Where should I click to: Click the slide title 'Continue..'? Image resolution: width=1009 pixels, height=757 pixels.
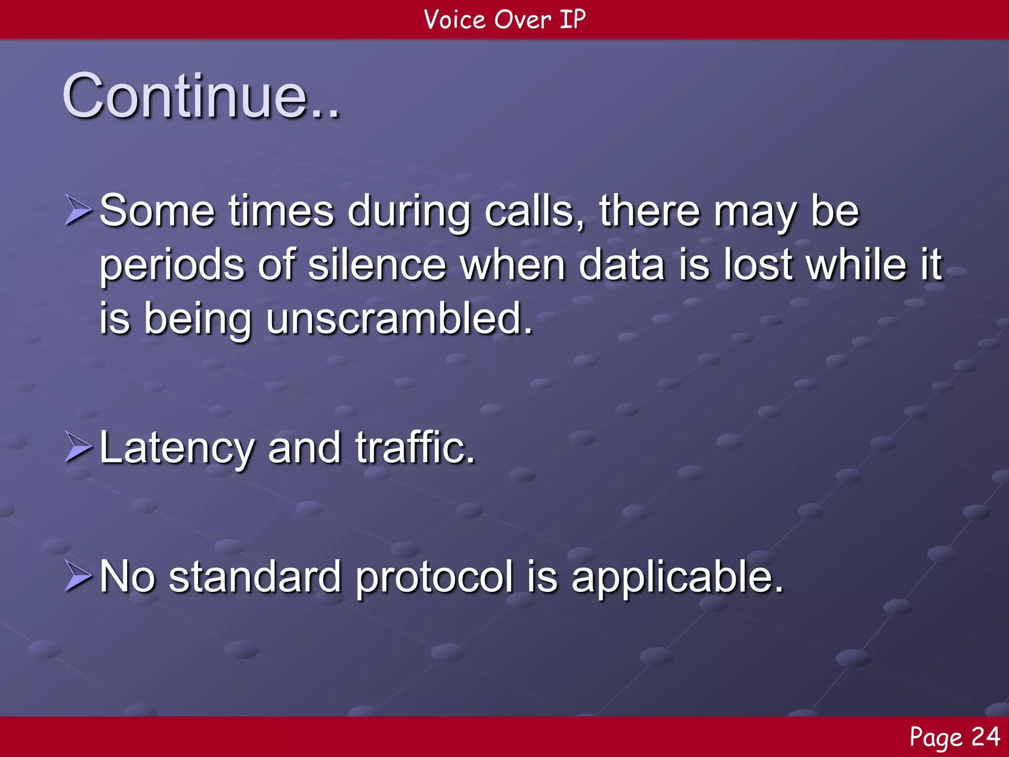click(201, 96)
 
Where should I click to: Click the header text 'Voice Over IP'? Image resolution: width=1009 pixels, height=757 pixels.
click(504, 20)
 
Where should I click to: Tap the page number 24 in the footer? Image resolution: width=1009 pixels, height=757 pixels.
click(985, 737)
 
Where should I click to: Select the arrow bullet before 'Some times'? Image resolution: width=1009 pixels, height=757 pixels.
click(78, 210)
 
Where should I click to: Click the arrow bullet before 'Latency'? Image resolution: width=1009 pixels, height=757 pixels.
click(78, 447)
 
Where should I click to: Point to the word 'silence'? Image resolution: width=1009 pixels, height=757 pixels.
click(377, 265)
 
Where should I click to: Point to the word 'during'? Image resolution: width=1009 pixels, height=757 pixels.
click(408, 212)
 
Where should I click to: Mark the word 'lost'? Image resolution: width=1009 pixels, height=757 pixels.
click(758, 265)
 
